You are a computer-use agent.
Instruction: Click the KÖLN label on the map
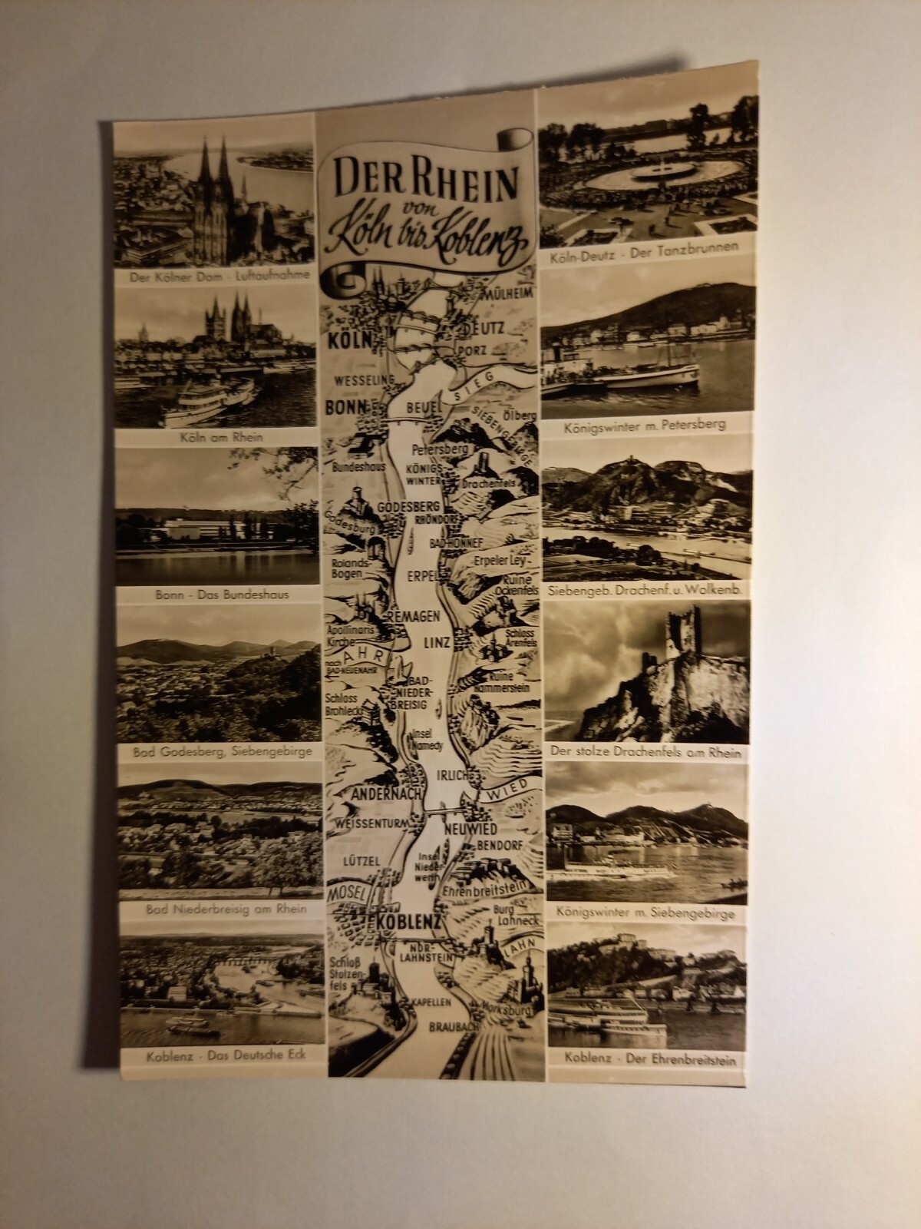tap(349, 340)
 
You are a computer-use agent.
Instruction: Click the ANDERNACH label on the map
tap(374, 793)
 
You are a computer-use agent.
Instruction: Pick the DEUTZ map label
tap(483, 328)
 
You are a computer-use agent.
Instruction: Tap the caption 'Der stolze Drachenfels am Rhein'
tap(645, 754)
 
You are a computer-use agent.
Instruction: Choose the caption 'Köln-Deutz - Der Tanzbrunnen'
tap(643, 248)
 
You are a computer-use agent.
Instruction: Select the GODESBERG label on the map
tap(409, 508)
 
